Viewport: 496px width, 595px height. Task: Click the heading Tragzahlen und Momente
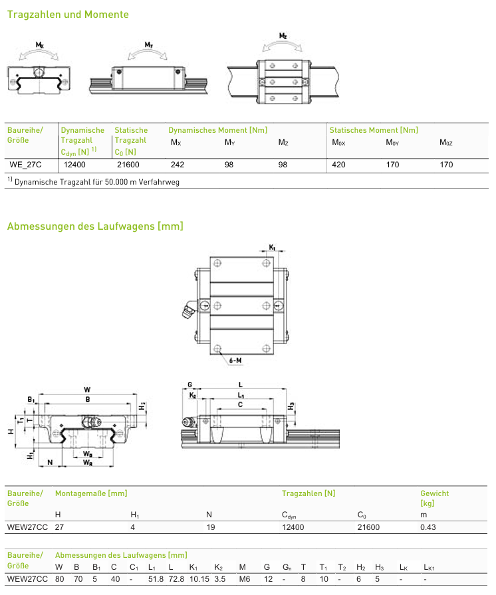pyautogui.click(x=68, y=15)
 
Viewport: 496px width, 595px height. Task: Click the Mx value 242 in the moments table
pyautogui.click(x=178, y=165)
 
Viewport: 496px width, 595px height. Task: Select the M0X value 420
pyautogui.click(x=338, y=165)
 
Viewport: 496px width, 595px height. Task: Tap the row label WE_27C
pyautogui.click(x=25, y=165)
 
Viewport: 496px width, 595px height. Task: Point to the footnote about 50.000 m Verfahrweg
pyautogui.click(x=94, y=182)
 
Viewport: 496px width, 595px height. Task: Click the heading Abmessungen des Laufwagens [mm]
pyautogui.click(x=95, y=226)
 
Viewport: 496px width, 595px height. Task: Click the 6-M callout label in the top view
pyautogui.click(x=235, y=361)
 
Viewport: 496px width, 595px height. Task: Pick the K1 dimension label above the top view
pyautogui.click(x=272, y=248)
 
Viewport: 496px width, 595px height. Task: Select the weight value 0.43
pyautogui.click(x=428, y=527)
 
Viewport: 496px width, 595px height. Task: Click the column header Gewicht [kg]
pyautogui.click(x=434, y=498)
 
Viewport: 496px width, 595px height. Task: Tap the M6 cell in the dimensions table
pyautogui.click(x=245, y=579)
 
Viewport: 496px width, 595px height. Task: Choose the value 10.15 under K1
pyautogui.click(x=199, y=579)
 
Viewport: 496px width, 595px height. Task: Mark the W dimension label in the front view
pyautogui.click(x=87, y=390)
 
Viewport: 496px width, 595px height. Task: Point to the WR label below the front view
pyautogui.click(x=88, y=463)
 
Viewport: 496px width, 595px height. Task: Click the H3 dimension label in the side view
pyautogui.click(x=291, y=406)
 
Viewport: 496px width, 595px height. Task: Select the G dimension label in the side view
pyautogui.click(x=190, y=384)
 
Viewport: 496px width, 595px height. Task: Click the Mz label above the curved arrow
pyautogui.click(x=283, y=36)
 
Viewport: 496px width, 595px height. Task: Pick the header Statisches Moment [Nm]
pyautogui.click(x=374, y=130)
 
